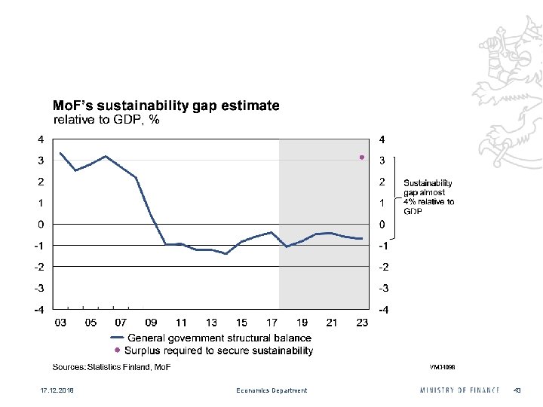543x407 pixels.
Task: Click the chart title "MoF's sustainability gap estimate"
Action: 165,106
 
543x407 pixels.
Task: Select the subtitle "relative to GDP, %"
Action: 106,119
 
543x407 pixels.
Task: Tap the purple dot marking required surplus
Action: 362,157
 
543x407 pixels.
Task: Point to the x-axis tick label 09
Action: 151,323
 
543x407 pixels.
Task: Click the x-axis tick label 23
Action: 362,323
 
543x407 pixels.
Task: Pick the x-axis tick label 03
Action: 60,323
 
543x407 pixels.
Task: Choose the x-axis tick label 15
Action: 241,323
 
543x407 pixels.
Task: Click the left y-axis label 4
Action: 41,139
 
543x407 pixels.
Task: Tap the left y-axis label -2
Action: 38,267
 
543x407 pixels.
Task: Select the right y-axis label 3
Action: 382,161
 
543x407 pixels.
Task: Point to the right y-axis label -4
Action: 384,310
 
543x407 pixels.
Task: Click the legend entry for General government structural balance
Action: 219,337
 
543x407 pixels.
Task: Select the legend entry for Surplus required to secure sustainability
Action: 219,350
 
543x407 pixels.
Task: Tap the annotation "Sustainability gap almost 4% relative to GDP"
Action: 429,197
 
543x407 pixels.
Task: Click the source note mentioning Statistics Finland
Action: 112,367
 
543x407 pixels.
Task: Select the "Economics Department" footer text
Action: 271,390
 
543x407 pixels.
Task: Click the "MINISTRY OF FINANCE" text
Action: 459,390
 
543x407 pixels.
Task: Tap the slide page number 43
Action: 517,390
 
